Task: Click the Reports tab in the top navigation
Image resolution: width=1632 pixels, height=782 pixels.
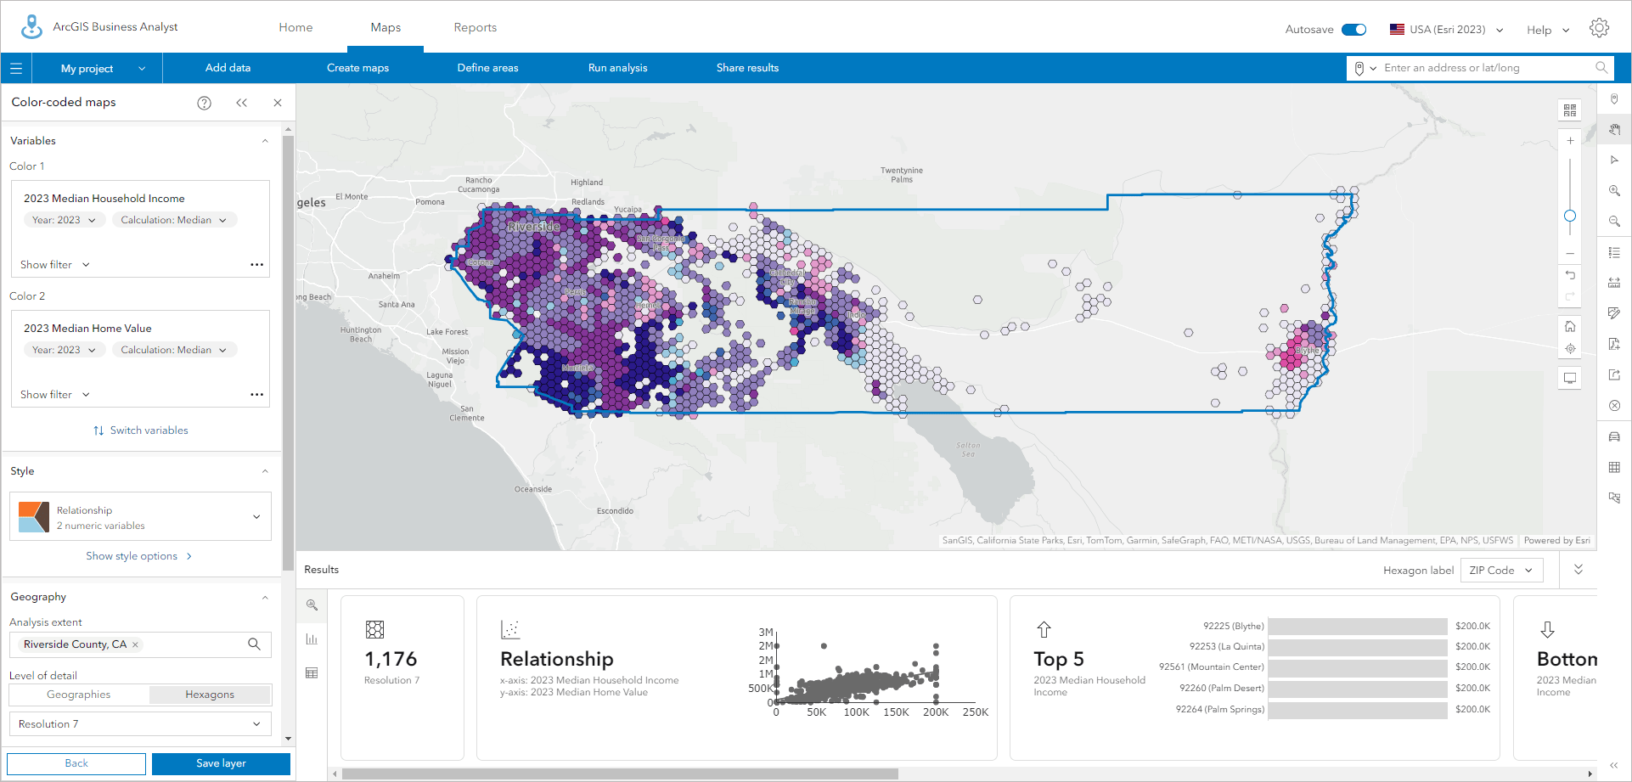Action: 475,27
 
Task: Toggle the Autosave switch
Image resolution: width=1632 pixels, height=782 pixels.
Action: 1353,30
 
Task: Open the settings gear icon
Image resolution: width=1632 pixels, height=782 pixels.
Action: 1599,28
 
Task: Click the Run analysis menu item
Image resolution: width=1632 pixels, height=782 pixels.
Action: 617,68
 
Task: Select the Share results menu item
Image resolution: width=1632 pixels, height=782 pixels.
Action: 747,68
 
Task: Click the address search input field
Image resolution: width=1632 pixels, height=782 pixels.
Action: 1486,68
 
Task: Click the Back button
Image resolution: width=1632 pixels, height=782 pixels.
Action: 76,763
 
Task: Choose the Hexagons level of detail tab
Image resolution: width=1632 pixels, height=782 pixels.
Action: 210,695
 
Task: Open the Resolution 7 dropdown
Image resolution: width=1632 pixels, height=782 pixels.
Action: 140,724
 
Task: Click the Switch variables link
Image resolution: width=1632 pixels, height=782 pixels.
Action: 141,430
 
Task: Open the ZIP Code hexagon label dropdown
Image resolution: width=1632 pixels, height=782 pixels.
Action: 1500,571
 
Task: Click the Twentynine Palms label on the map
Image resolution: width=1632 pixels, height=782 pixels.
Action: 902,175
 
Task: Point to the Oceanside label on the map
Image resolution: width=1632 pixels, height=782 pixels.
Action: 533,489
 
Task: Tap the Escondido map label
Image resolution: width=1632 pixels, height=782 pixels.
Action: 615,511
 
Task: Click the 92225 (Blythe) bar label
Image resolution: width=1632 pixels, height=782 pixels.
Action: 1233,626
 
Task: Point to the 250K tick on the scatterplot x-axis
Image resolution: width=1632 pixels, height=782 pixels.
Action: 975,712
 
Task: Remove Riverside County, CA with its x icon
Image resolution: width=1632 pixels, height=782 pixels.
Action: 135,645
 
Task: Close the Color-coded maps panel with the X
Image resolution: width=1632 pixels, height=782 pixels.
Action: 278,103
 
